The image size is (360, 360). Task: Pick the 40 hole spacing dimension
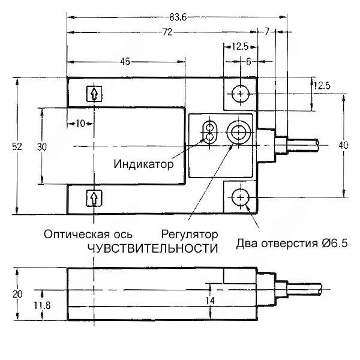(343, 145)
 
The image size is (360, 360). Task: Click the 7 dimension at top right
(267, 30)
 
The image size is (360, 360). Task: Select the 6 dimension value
(247, 61)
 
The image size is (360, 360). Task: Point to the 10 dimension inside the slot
(79, 124)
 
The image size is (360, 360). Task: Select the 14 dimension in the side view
(209, 301)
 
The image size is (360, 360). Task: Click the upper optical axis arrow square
(94, 94)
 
